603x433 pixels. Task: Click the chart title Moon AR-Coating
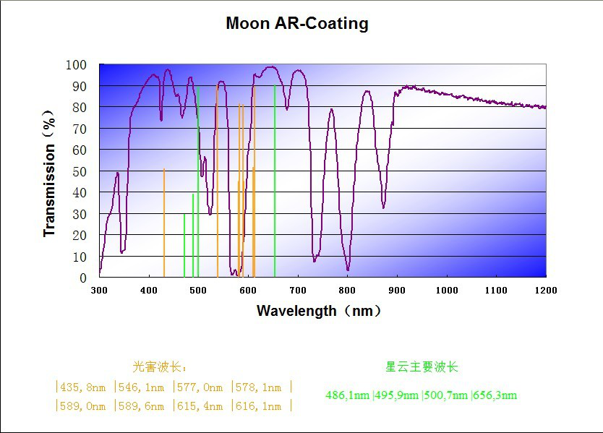[x=297, y=23]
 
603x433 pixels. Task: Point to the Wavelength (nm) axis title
[x=318, y=311]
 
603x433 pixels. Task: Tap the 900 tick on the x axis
[x=397, y=290]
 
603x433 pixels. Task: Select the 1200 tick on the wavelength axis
[x=546, y=290]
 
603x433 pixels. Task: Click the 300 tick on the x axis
[x=99, y=290]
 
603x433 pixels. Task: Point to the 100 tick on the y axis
[x=76, y=65]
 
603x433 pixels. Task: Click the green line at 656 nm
[x=275, y=181]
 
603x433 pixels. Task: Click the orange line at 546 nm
[x=218, y=181]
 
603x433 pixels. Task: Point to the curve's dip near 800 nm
[x=348, y=269]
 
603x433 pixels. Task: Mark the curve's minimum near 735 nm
[x=315, y=260]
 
